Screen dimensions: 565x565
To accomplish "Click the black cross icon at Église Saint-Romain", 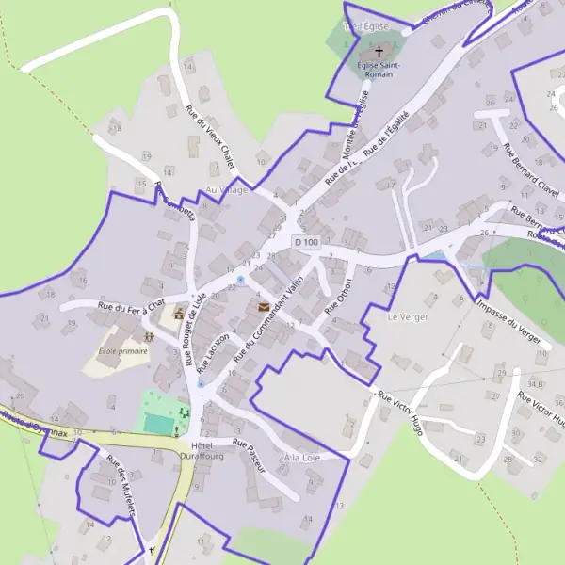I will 380,52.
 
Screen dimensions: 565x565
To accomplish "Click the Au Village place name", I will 227,189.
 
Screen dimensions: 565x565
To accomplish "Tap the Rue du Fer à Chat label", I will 131,305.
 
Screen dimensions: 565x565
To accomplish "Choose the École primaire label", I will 123,352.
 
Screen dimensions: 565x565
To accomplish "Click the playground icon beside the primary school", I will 149,335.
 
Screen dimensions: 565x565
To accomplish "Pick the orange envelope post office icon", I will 263,307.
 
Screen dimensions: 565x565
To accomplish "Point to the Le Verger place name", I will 408,317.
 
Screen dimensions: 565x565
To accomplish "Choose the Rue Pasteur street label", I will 250,456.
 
